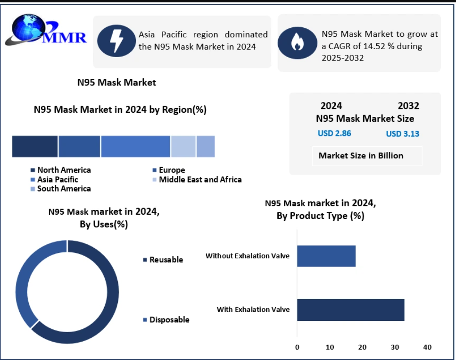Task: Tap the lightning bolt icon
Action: pos(116,42)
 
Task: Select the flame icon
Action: pos(297,42)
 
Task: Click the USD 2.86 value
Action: pos(334,133)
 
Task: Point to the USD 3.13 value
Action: pos(402,134)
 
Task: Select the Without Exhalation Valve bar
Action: pos(326,256)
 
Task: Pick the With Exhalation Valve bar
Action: pos(350,310)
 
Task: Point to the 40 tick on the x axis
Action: pos(427,347)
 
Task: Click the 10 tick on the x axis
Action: pos(330,347)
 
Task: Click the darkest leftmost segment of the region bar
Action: pos(35,146)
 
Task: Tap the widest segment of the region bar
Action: pos(135,146)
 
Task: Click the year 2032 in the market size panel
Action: pos(408,106)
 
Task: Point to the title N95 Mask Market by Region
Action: pos(120,109)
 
